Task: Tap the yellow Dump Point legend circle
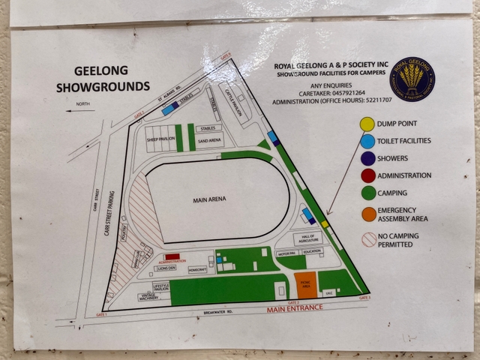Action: click(x=367, y=124)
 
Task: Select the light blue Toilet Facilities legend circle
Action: click(x=367, y=141)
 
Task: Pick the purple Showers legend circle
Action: click(x=367, y=158)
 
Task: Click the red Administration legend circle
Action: click(x=367, y=176)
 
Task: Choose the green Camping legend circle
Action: click(x=367, y=193)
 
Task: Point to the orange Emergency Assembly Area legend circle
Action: click(x=367, y=214)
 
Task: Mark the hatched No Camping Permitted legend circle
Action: click(x=367, y=239)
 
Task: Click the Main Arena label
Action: click(x=209, y=199)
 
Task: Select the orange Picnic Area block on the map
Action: click(x=304, y=284)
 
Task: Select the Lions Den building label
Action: click(x=166, y=268)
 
